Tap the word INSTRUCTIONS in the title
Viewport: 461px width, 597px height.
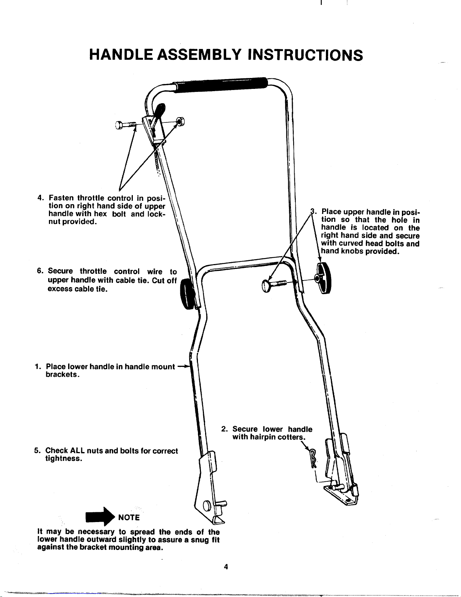pyautogui.click(x=305, y=55)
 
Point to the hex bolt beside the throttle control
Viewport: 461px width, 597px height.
pyautogui.click(x=126, y=125)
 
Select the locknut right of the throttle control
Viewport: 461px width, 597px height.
pyautogui.click(x=180, y=121)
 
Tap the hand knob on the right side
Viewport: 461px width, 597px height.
pyautogui.click(x=324, y=278)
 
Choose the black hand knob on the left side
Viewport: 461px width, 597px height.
pyautogui.click(x=187, y=294)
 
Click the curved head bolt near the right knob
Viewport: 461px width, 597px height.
pyautogui.click(x=274, y=285)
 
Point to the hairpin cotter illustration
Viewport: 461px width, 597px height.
pyautogui.click(x=313, y=458)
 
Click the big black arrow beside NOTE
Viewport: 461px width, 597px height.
pyautogui.click(x=100, y=516)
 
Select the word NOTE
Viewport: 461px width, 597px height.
pyautogui.click(x=129, y=518)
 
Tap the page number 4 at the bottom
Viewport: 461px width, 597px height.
pyautogui.click(x=226, y=566)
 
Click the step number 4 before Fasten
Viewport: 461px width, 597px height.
pyautogui.click(x=40, y=198)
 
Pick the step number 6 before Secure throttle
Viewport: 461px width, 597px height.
pyautogui.click(x=40, y=271)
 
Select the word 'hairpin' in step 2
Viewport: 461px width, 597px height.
pyautogui.click(x=263, y=437)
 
